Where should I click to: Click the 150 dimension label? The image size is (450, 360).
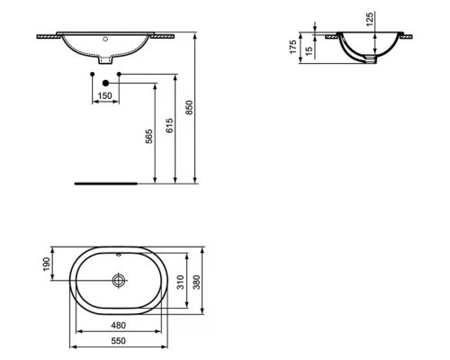tap(105, 96)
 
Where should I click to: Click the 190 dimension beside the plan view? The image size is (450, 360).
tap(47, 265)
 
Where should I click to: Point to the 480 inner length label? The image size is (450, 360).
tap(119, 326)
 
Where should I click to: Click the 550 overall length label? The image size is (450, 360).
tap(119, 343)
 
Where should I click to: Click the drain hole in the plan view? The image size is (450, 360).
tap(118, 280)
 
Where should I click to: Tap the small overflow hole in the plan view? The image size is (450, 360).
tap(118, 252)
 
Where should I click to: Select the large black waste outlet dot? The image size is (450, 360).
tap(105, 83)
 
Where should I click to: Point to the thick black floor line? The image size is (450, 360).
tap(106, 181)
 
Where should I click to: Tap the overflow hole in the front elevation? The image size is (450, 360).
tap(105, 40)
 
